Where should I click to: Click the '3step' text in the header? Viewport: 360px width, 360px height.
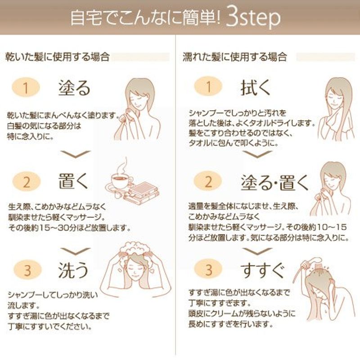[253, 18]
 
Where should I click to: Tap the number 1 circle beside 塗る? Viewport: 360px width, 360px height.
[26, 87]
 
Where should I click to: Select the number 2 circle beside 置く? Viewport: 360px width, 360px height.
[27, 182]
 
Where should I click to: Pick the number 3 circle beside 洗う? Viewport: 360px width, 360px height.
[27, 270]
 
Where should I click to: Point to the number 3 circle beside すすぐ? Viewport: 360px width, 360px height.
[208, 269]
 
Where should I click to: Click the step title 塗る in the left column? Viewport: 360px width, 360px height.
[74, 88]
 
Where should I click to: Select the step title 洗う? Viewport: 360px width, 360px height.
[73, 270]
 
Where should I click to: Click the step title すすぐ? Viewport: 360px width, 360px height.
[263, 270]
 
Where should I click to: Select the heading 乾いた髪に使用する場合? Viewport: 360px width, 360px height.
[57, 57]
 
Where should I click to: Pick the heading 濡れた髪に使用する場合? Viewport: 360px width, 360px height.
[234, 57]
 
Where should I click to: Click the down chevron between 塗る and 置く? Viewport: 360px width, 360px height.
[76, 154]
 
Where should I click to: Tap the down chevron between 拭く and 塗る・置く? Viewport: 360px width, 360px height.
[257, 154]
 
